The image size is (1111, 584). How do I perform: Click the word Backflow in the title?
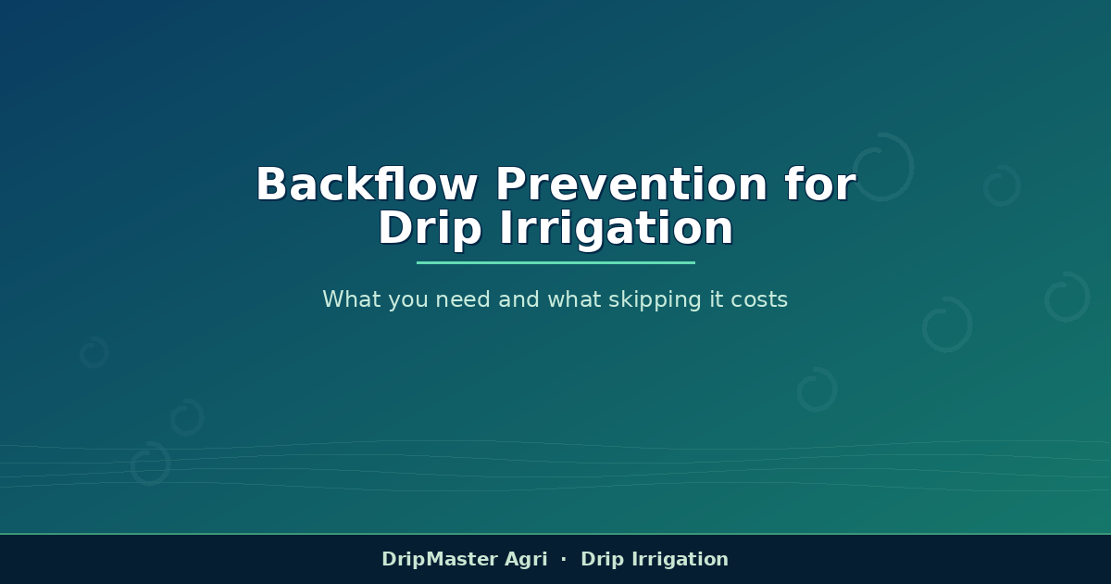(367, 184)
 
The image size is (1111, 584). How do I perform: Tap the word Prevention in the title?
(631, 184)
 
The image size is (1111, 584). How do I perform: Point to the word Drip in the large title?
(430, 229)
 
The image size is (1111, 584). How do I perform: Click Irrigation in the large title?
(616, 229)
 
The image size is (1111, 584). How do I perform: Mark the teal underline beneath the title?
(555, 262)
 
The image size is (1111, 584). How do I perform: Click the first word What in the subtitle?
(351, 298)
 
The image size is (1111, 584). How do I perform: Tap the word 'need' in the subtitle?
(463, 298)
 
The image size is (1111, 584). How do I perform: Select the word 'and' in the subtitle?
(518, 298)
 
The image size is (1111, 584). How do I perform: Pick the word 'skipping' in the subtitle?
(655, 300)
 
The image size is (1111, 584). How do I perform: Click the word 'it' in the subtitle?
(717, 298)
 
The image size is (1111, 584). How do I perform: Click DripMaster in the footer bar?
(440, 559)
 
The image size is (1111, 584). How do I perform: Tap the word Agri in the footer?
(526, 560)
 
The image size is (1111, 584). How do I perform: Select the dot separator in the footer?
(564, 559)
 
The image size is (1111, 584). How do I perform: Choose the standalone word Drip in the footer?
(602, 560)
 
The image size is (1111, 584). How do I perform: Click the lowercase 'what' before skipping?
(574, 298)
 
